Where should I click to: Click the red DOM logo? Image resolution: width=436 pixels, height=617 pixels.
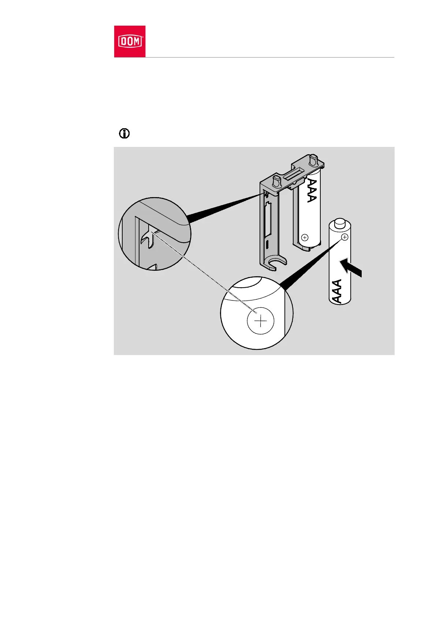click(130, 41)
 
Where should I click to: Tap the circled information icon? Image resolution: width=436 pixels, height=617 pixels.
click(124, 134)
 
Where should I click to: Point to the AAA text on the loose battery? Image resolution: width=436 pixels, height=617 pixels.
click(337, 291)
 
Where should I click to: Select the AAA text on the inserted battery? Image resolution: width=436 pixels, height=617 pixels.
click(312, 191)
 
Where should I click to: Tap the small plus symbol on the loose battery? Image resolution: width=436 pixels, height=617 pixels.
click(344, 237)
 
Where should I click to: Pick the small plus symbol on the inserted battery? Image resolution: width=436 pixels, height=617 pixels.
click(305, 237)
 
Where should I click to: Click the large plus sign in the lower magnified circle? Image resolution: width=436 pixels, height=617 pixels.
click(260, 321)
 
